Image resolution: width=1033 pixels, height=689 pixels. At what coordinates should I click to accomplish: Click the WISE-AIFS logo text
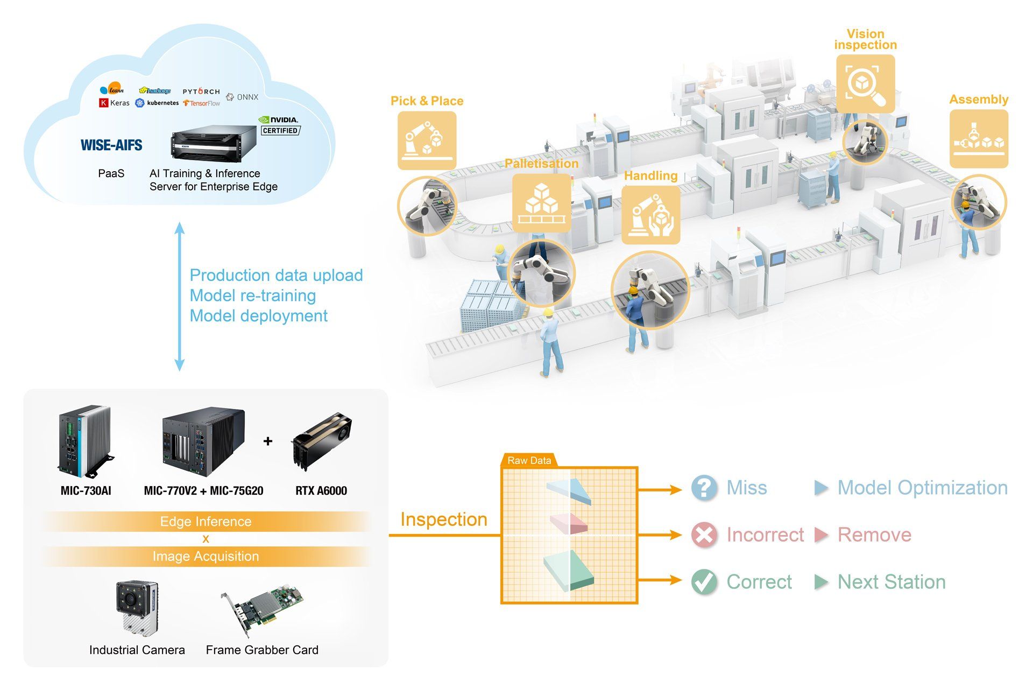pyautogui.click(x=111, y=145)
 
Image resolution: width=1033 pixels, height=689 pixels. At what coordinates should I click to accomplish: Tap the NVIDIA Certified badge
pyautogui.click(x=279, y=125)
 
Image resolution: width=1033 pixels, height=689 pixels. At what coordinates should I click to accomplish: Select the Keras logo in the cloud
pyautogui.click(x=115, y=103)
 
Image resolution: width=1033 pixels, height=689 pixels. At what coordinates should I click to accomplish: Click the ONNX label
pyautogui.click(x=242, y=97)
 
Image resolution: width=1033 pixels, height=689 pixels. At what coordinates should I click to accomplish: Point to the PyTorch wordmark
pyautogui.click(x=201, y=92)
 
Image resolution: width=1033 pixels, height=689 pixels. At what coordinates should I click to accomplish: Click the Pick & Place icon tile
pyautogui.click(x=427, y=140)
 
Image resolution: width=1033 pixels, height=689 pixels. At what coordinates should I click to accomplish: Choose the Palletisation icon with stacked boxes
pyautogui.click(x=541, y=203)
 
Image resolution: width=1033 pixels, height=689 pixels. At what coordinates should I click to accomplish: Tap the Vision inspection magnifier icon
pyautogui.click(x=865, y=84)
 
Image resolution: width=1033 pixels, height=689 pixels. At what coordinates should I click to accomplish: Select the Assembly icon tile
pyautogui.click(x=979, y=139)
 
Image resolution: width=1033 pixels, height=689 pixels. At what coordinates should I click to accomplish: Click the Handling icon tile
pyautogui.click(x=650, y=215)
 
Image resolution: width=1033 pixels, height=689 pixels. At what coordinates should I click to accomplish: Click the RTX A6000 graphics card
pyautogui.click(x=321, y=441)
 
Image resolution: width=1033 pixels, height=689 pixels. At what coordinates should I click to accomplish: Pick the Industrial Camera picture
pyautogui.click(x=137, y=608)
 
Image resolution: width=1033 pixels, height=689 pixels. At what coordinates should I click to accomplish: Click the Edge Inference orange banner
pyautogui.click(x=206, y=522)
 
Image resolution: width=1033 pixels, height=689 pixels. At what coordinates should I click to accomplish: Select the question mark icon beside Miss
pyautogui.click(x=704, y=488)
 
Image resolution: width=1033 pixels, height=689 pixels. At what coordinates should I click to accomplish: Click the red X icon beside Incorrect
pyautogui.click(x=704, y=535)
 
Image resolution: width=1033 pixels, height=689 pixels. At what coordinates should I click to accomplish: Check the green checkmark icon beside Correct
pyautogui.click(x=704, y=582)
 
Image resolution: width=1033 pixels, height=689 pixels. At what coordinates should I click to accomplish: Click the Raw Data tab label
pyautogui.click(x=529, y=461)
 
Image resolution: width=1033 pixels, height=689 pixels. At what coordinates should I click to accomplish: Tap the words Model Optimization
pyautogui.click(x=923, y=488)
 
